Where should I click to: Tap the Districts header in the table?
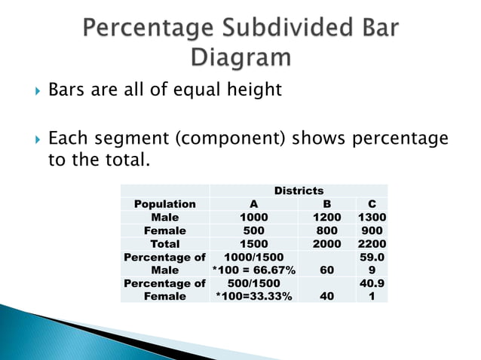point(299,191)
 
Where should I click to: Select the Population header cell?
point(164,204)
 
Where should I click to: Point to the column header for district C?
point(372,204)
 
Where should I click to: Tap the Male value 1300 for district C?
point(372,217)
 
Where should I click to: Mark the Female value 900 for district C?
point(372,230)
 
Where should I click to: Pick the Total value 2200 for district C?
point(372,243)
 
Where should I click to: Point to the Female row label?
point(164,230)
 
